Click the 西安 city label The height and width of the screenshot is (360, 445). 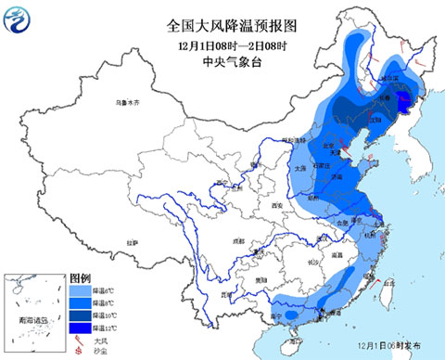tap(275, 205)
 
